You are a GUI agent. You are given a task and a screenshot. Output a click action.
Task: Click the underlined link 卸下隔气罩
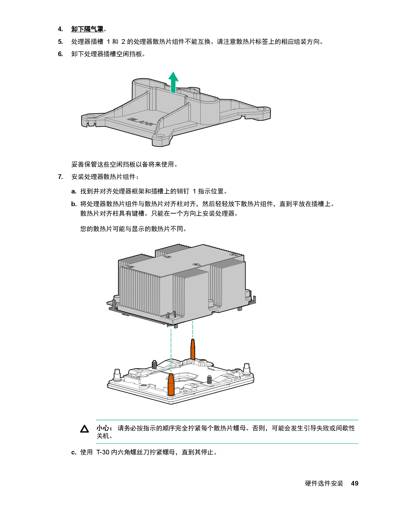click(x=87, y=29)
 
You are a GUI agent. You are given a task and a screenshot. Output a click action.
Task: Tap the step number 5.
click(x=60, y=42)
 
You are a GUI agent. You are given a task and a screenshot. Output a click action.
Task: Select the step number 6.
click(x=60, y=54)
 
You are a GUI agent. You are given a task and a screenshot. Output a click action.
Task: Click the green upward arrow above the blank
click(x=174, y=82)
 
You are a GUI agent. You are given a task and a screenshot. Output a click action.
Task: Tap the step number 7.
click(x=60, y=177)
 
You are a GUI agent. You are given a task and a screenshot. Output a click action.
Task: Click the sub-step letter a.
click(x=74, y=192)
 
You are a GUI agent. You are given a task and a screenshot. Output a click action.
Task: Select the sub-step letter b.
click(x=74, y=204)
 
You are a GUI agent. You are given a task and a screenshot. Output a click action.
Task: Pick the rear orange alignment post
click(x=193, y=349)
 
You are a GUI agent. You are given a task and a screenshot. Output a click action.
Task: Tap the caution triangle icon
click(x=84, y=429)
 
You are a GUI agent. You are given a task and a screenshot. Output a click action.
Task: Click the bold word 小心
click(x=103, y=428)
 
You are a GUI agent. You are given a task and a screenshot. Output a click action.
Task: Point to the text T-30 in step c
click(x=103, y=452)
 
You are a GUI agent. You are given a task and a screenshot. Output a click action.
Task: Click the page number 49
click(x=354, y=483)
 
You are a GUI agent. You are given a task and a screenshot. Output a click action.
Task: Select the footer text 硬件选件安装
click(x=324, y=483)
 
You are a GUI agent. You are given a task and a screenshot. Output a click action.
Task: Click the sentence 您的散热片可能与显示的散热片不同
click(x=133, y=229)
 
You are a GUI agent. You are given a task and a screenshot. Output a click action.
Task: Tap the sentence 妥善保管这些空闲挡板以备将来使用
click(x=125, y=164)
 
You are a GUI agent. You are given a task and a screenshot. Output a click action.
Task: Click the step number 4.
click(x=60, y=29)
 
